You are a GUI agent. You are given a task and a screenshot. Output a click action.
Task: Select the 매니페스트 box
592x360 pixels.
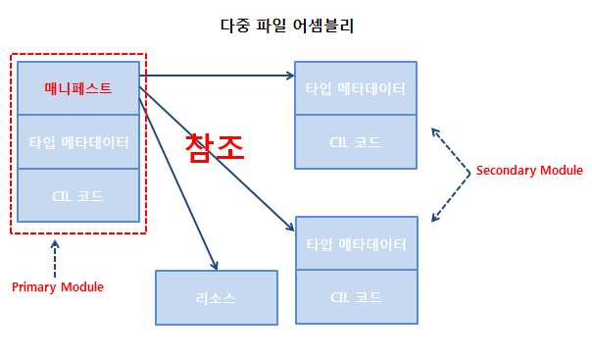tap(78, 88)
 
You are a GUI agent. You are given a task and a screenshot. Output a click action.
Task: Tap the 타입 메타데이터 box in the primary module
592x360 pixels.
tap(78, 141)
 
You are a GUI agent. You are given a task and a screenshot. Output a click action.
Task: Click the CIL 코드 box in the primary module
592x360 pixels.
tap(78, 195)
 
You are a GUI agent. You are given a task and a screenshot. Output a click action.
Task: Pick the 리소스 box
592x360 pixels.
tap(217, 297)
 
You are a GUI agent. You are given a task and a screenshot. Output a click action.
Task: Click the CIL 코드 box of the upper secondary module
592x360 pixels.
tap(356, 141)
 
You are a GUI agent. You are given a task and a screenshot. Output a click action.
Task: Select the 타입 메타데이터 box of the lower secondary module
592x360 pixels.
tap(356, 243)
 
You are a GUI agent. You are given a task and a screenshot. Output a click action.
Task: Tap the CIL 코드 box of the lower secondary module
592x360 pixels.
tap(356, 296)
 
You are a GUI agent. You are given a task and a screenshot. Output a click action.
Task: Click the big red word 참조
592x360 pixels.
tap(215, 146)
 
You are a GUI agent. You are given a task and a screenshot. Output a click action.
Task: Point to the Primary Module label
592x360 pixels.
tap(58, 287)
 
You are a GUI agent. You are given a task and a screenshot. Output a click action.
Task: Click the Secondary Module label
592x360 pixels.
tap(529, 171)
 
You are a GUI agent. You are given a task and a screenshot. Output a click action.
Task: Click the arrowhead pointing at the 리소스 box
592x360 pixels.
tap(215, 264)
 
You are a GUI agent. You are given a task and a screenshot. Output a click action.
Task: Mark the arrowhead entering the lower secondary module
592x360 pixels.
tap(290, 228)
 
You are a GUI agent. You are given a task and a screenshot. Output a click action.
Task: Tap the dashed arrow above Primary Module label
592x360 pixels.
tap(55, 257)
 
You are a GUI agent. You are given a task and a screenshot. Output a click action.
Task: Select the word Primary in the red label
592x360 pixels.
tap(34, 287)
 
